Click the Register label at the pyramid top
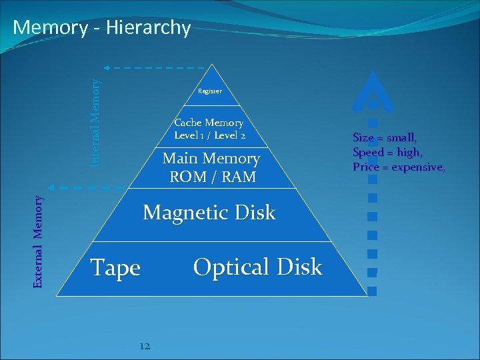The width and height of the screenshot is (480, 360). [210, 91]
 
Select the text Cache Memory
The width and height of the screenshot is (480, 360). [209, 123]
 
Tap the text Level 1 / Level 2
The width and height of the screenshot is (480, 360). [209, 135]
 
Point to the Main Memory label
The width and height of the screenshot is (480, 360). [211, 159]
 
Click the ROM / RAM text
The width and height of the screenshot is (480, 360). [211, 177]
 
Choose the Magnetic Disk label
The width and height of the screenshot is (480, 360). [209, 213]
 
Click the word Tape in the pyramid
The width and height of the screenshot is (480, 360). [115, 268]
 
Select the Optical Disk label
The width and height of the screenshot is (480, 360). [257, 267]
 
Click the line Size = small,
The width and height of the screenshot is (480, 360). [385, 138]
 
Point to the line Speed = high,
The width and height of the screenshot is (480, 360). [387, 152]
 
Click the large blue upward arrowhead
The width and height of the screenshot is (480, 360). [372, 90]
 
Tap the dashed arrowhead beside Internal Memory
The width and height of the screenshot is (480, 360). [107, 67]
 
